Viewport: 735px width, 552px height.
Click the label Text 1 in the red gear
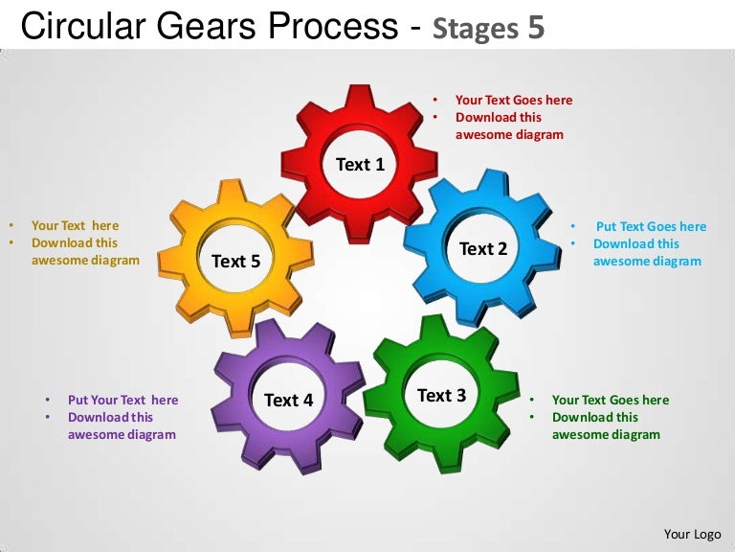pyautogui.click(x=360, y=165)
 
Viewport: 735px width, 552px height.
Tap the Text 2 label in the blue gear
pyautogui.click(x=483, y=249)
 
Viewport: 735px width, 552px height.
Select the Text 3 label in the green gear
pyautogui.click(x=441, y=395)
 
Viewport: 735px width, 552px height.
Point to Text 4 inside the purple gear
pyautogui.click(x=288, y=400)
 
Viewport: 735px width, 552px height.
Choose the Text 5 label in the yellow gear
pyautogui.click(x=235, y=261)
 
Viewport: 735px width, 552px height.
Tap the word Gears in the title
pyautogui.click(x=212, y=27)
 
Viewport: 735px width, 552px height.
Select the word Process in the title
pyautogui.click(x=334, y=27)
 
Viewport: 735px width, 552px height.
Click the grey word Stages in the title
pyautogui.click(x=476, y=29)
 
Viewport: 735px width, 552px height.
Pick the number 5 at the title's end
pyautogui.click(x=537, y=28)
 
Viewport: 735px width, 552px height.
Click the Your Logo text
pyautogui.click(x=692, y=534)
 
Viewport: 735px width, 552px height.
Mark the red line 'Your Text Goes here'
pyautogui.click(x=514, y=100)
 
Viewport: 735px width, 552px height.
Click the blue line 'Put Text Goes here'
pyautogui.click(x=651, y=227)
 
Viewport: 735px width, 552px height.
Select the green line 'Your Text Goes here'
pyautogui.click(x=611, y=400)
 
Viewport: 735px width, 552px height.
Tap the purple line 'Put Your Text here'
pyautogui.click(x=122, y=400)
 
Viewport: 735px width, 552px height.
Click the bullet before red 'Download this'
pyautogui.click(x=435, y=117)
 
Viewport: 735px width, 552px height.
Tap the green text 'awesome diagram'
pyautogui.click(x=606, y=434)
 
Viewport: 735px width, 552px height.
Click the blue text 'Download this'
pyautogui.click(x=635, y=243)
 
